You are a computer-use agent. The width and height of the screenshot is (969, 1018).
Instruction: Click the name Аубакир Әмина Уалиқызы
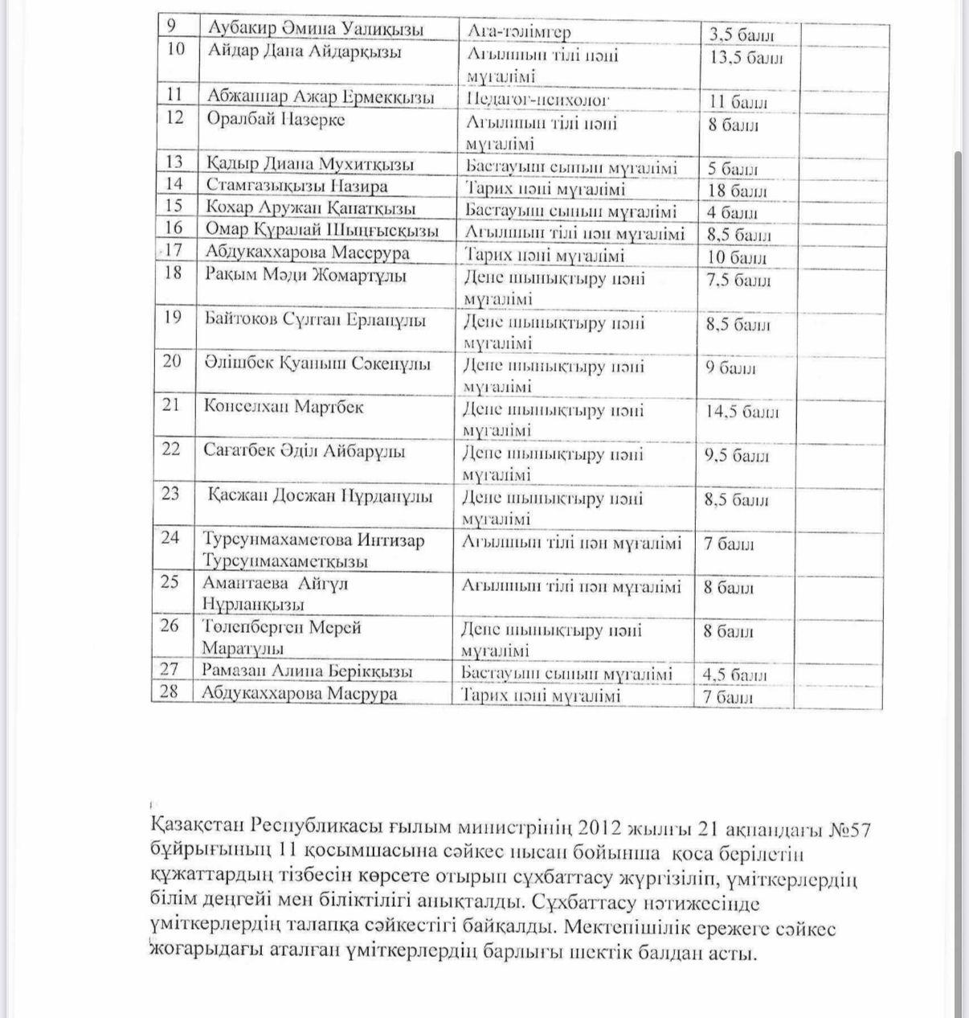tap(315, 30)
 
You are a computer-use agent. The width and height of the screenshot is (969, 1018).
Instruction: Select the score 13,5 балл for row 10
tap(746, 58)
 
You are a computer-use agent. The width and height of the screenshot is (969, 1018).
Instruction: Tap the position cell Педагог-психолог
tap(538, 100)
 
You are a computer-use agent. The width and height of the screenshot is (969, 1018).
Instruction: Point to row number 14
tap(174, 184)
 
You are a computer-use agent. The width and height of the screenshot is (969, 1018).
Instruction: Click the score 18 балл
tap(738, 191)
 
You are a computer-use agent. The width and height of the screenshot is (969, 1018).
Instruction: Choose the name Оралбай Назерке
tap(276, 119)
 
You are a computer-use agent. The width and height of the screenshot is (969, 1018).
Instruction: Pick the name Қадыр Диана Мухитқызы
tap(310, 164)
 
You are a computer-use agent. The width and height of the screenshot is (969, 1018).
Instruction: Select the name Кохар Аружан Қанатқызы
tap(310, 207)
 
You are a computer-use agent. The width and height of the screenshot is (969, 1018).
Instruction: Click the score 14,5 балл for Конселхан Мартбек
tap(742, 413)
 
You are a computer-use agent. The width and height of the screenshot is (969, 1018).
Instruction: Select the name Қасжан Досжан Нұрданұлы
tap(320, 495)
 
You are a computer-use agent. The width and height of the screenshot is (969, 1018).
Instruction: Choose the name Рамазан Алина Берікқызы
tap(308, 671)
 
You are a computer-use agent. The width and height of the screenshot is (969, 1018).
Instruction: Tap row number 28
tap(170, 691)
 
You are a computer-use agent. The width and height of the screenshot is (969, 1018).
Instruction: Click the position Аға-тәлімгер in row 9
tap(518, 32)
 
